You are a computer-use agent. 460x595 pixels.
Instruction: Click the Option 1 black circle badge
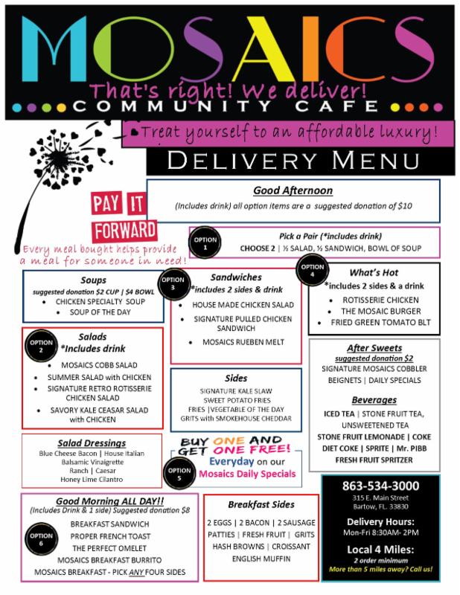(x=205, y=243)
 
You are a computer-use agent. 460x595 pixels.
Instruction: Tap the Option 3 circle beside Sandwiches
(x=173, y=283)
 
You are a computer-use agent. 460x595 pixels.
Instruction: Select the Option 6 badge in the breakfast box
(x=41, y=538)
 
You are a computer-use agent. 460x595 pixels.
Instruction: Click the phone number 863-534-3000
(x=380, y=486)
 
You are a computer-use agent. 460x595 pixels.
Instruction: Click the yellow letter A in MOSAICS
(x=264, y=48)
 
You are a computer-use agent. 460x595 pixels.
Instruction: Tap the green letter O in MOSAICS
(x=133, y=48)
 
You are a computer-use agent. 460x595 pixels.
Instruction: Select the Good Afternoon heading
(x=293, y=190)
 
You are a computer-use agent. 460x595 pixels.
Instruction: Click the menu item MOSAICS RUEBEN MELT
(x=243, y=342)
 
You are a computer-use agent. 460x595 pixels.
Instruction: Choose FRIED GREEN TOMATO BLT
(x=380, y=322)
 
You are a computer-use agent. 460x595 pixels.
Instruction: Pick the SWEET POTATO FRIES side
(x=237, y=400)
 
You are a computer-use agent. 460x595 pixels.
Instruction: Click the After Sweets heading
(x=374, y=348)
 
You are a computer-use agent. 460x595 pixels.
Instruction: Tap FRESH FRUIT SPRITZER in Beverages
(x=374, y=460)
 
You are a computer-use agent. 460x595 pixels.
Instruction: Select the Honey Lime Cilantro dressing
(x=92, y=479)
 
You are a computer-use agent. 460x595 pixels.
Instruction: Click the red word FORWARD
(x=124, y=231)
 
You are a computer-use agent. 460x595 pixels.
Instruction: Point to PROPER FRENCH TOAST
(x=110, y=536)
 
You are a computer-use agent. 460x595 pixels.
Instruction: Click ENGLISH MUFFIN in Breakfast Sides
(x=261, y=559)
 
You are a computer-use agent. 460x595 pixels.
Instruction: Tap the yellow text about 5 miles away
(x=380, y=569)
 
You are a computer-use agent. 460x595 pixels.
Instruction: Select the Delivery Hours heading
(x=380, y=522)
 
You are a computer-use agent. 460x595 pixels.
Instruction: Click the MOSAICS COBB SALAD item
(x=99, y=365)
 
